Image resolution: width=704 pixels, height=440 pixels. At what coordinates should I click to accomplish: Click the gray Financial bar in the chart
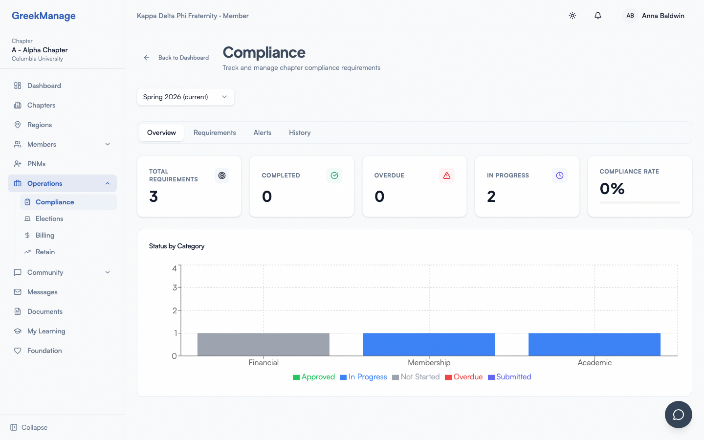263,344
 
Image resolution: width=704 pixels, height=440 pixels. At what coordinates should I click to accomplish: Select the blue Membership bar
429,344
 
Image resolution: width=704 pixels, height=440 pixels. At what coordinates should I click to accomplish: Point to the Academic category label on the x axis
594,363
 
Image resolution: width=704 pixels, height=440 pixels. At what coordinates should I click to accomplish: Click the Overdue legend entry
464,377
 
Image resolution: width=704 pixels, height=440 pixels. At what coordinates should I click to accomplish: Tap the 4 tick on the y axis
175,268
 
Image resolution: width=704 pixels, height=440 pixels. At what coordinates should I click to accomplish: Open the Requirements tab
215,132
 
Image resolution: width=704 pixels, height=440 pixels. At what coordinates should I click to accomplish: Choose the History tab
300,132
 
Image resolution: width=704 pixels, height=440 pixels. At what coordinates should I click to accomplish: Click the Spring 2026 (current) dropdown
186,97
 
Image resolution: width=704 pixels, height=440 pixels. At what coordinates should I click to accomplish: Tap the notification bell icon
597,16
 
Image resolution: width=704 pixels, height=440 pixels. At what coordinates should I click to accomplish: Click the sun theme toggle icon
572,16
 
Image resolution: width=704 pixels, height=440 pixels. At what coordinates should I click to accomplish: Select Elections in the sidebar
49,219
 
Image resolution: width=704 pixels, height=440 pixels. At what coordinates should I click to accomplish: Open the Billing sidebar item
45,235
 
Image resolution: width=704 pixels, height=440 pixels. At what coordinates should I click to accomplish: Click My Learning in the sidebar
46,331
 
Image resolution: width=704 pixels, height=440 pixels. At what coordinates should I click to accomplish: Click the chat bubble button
678,415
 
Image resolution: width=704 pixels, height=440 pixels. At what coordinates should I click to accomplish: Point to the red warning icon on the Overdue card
447,176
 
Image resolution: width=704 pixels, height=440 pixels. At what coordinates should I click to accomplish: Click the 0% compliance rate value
612,189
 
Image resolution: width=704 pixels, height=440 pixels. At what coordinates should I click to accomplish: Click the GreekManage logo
44,16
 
